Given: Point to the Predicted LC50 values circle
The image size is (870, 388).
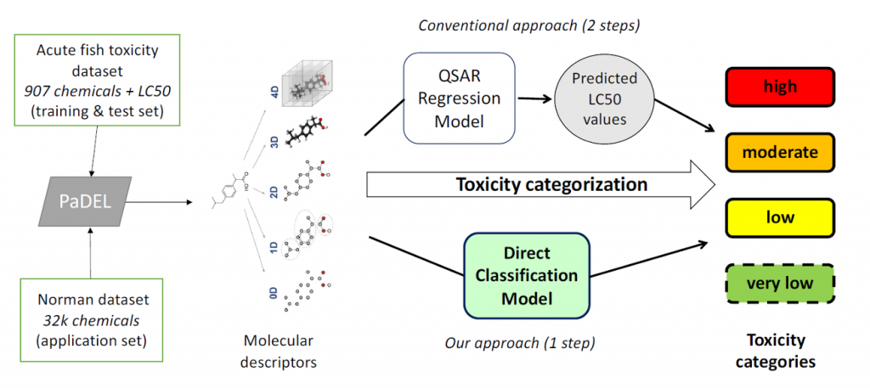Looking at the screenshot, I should coord(605,98).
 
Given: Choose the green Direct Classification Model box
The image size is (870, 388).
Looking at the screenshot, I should coord(526,276).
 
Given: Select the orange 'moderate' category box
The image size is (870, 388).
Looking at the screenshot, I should coord(780,153).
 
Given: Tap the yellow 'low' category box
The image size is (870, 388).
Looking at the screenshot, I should coord(780,217).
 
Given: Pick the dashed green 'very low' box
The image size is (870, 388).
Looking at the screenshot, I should coord(780,283).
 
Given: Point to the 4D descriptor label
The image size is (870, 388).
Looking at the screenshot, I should coord(274,90).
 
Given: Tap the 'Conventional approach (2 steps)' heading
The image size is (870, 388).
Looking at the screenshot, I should coord(529,23).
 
